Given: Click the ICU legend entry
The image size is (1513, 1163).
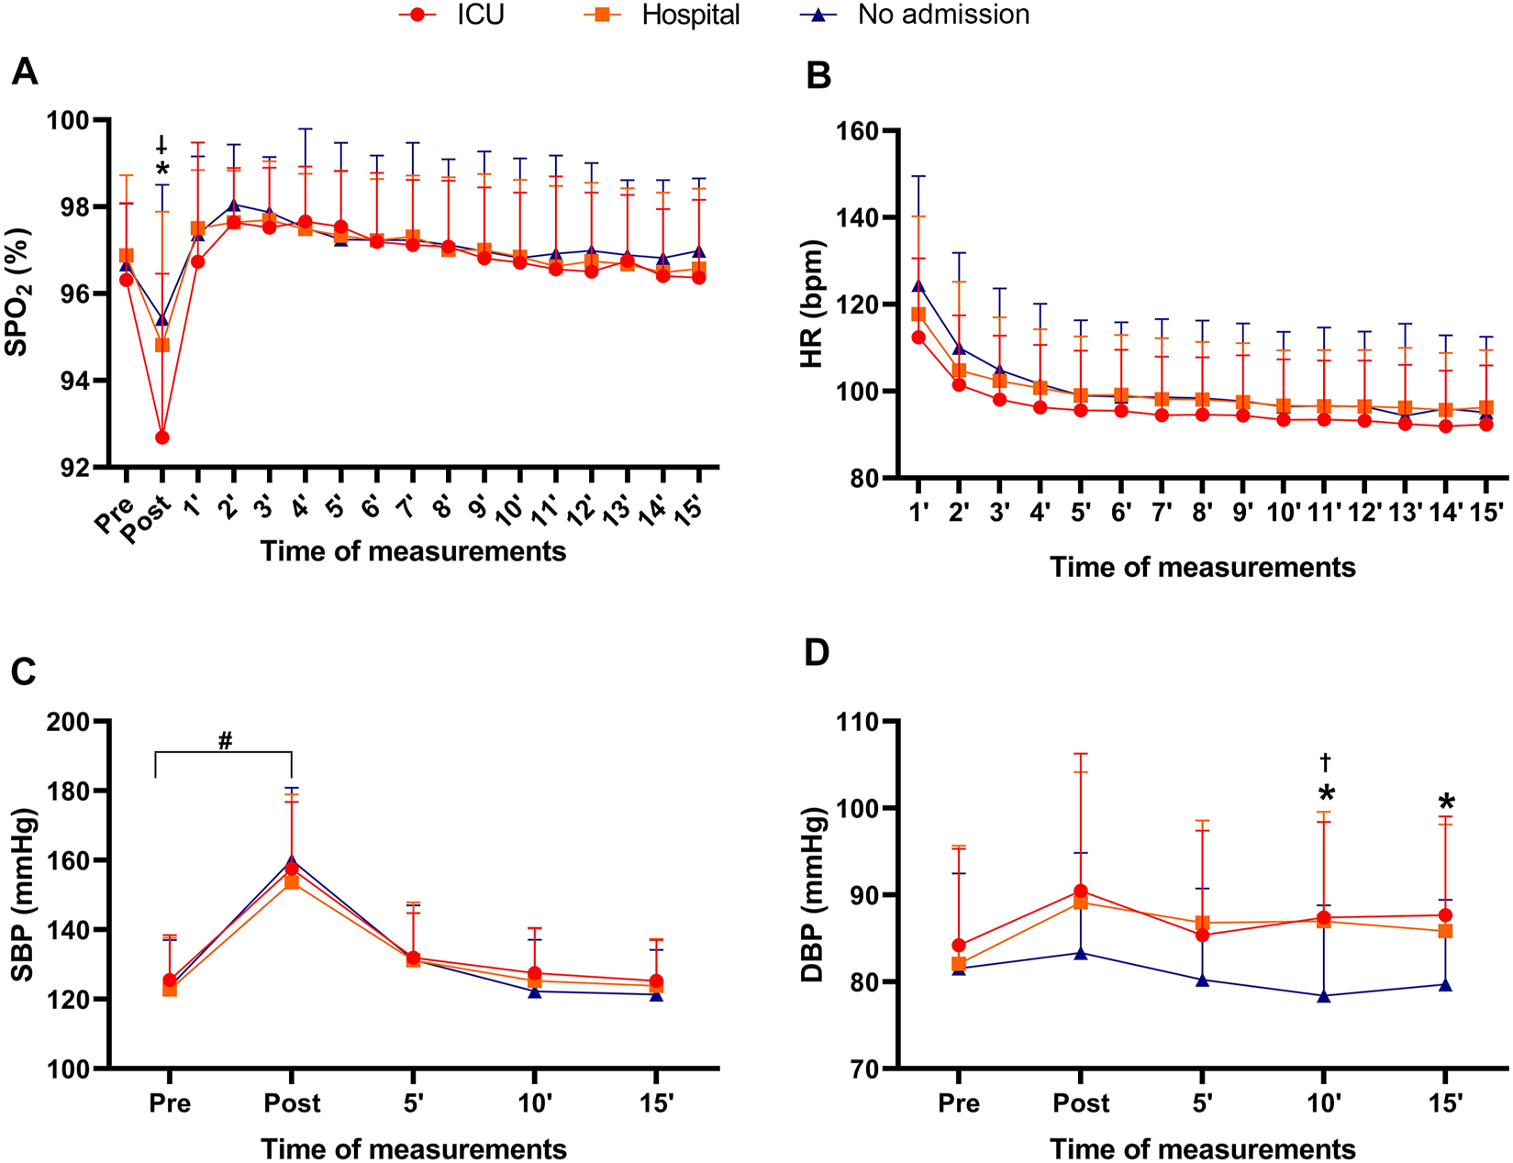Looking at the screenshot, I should [451, 16].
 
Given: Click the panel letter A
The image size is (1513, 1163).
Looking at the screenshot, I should [25, 72].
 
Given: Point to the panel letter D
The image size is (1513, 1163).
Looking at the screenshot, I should [816, 653].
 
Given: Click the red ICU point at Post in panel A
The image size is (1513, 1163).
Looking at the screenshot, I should [162, 438].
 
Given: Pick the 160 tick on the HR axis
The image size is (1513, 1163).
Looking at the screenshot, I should [858, 131].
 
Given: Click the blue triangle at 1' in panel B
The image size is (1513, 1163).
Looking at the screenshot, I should [918, 286].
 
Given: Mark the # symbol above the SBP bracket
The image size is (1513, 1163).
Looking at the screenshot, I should [226, 740].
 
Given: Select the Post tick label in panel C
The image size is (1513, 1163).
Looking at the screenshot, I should [292, 1102].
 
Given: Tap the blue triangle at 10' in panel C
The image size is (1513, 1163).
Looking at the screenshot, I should [535, 991].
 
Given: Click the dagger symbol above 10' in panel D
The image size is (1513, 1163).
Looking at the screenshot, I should [1325, 762].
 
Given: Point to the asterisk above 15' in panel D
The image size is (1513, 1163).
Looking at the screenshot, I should [1446, 803].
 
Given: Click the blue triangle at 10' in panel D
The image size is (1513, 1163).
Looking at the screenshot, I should [1324, 996].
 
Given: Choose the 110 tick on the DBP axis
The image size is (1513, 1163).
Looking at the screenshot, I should [858, 722].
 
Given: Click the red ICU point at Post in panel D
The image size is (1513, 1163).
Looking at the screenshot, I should [1081, 892].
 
